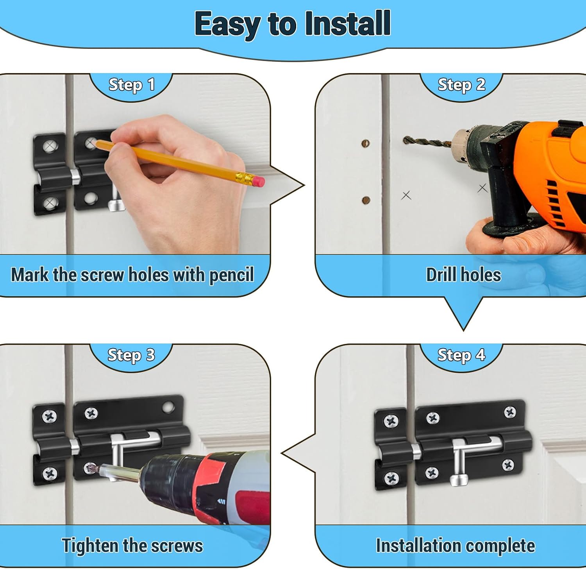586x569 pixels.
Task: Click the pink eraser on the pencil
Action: [x=258, y=181]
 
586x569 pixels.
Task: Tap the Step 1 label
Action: [x=132, y=85]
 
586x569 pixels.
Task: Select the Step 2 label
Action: [x=461, y=85]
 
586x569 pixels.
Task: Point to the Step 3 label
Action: [x=131, y=355]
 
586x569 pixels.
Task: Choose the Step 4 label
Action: [x=461, y=355]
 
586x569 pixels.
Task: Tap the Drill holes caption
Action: [x=463, y=275]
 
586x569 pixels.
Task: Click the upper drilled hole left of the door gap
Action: [x=366, y=143]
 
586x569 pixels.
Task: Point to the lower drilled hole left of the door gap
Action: [x=366, y=200]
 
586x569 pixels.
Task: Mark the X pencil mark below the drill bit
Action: [x=406, y=195]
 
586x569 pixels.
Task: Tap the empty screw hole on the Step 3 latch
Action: [x=168, y=408]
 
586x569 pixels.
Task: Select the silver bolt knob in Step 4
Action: [x=459, y=480]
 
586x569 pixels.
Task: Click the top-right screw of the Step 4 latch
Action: [x=510, y=412]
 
